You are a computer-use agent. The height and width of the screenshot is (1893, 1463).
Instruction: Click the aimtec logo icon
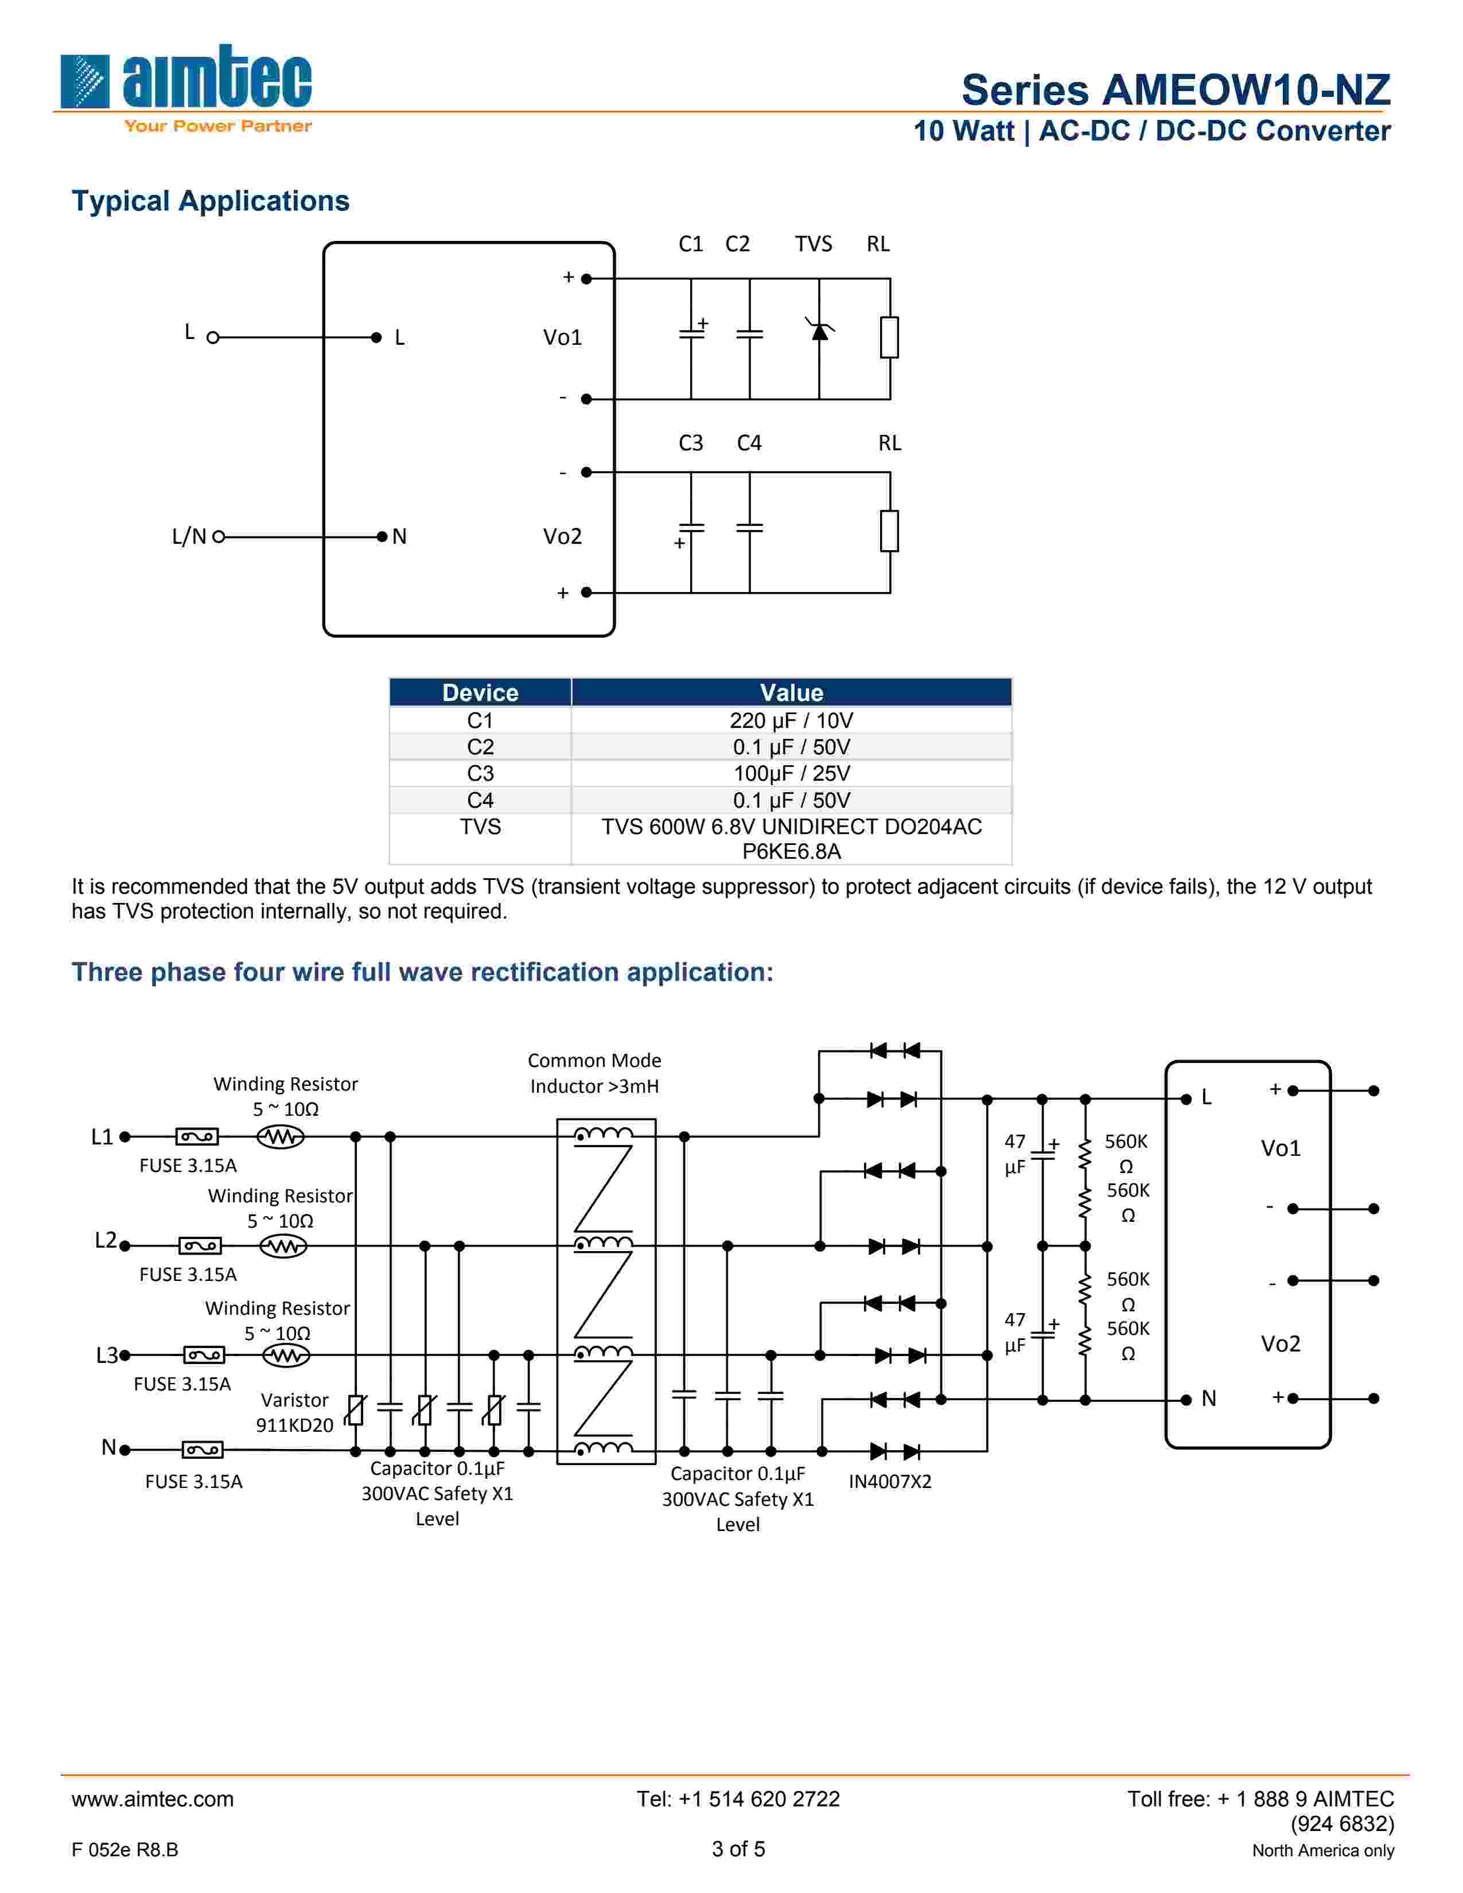(85, 81)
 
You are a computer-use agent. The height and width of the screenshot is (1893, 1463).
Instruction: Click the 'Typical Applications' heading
(210, 201)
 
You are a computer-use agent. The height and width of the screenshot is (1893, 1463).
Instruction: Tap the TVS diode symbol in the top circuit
(819, 330)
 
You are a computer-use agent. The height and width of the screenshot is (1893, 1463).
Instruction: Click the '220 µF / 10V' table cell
(791, 720)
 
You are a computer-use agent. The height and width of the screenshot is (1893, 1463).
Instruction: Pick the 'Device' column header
(480, 692)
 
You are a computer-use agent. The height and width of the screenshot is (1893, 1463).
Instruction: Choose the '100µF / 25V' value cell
(791, 773)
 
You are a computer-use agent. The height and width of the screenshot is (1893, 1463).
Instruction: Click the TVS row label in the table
(480, 827)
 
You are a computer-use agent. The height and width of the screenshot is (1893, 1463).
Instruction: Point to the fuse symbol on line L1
(197, 1136)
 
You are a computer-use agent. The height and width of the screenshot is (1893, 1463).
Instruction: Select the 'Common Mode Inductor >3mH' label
(594, 1073)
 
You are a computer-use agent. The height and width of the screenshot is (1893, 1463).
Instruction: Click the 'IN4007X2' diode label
(889, 1481)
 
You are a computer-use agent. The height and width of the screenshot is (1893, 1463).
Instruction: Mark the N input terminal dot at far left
(125, 1449)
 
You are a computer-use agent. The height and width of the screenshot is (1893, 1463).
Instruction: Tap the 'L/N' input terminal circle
(219, 536)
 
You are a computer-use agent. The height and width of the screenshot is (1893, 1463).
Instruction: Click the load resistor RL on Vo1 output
(889, 337)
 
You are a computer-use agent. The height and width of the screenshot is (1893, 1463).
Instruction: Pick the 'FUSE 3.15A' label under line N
(193, 1481)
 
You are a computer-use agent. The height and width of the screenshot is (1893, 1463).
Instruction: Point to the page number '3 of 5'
(738, 1849)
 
